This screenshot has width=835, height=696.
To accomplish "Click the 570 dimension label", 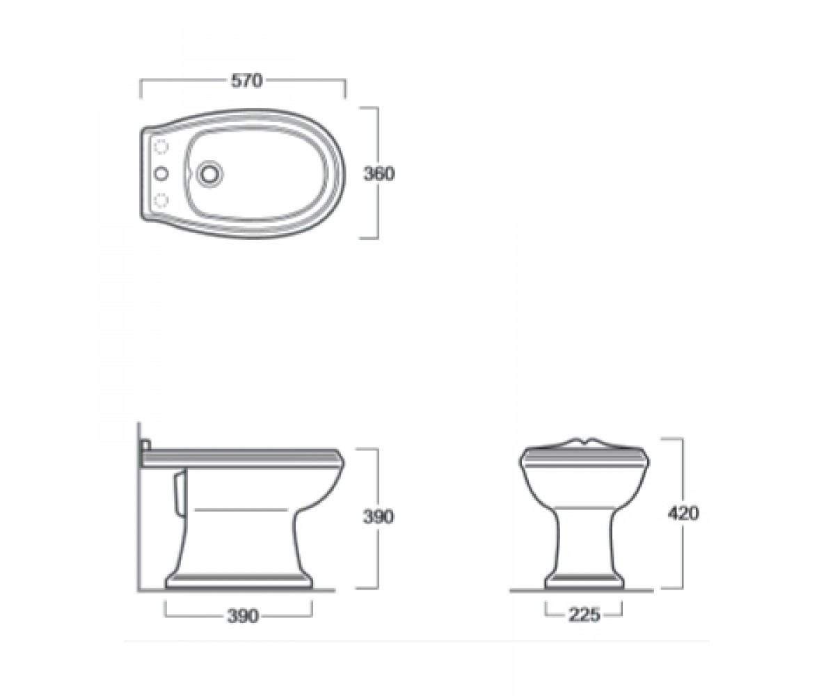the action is (247, 81).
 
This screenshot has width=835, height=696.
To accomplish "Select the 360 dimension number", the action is (379, 173).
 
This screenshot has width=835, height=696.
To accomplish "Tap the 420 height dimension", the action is (683, 513).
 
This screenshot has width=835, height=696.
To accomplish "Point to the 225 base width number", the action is (584, 615).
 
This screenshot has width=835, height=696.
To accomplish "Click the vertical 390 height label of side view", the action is (379, 517).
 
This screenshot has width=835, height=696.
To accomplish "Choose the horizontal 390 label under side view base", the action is (243, 616).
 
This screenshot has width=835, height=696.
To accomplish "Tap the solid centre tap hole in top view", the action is (161, 173).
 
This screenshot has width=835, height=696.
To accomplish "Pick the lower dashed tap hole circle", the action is (161, 200).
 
